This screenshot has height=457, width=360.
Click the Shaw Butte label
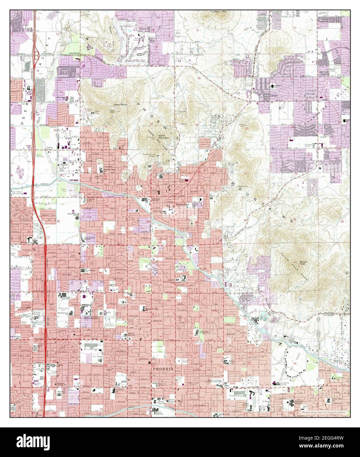120,104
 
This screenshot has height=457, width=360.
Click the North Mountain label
164,136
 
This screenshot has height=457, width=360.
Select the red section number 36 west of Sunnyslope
58,221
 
